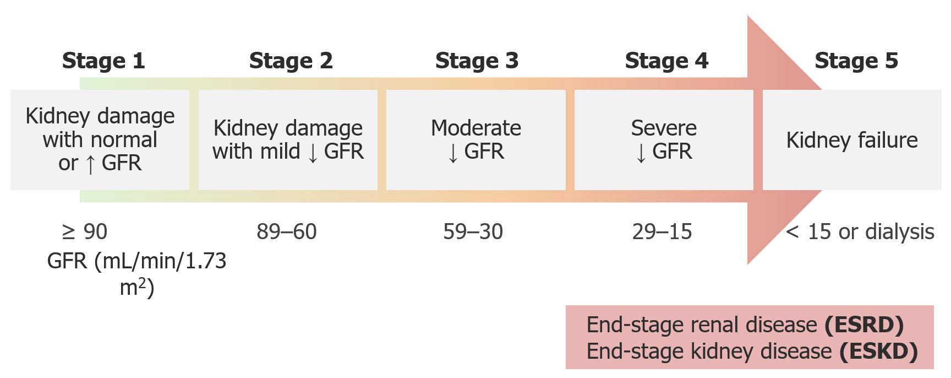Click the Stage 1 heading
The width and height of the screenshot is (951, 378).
pyautogui.click(x=103, y=61)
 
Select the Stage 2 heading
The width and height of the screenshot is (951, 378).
pyautogui.click(x=291, y=61)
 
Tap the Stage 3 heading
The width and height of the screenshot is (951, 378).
pyautogui.click(x=477, y=61)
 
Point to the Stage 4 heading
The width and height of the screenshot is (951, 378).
pyautogui.click(x=666, y=61)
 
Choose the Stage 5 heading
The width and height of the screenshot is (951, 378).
pyautogui.click(x=856, y=61)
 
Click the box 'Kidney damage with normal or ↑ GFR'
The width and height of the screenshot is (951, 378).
pyautogui.click(x=100, y=140)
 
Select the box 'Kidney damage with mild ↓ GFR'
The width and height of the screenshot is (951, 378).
pyautogui.click(x=288, y=140)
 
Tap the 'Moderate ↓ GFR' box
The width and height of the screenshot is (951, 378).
pyautogui.click(x=476, y=140)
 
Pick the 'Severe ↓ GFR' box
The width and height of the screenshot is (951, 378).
pyautogui.click(x=664, y=140)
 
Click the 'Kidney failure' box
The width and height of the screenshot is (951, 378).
pyautogui.click(x=852, y=140)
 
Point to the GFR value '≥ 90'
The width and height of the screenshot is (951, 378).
pyautogui.click(x=85, y=232)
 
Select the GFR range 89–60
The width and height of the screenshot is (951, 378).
pyautogui.click(x=287, y=232)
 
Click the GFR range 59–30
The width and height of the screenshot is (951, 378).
pyautogui.click(x=473, y=232)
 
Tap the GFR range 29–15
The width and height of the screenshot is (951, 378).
pyautogui.click(x=662, y=232)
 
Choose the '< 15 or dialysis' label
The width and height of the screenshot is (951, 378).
pyautogui.click(x=860, y=232)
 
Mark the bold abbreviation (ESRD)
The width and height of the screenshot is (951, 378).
pyautogui.click(x=864, y=325)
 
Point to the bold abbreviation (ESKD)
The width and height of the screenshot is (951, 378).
pyautogui.click(x=878, y=352)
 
